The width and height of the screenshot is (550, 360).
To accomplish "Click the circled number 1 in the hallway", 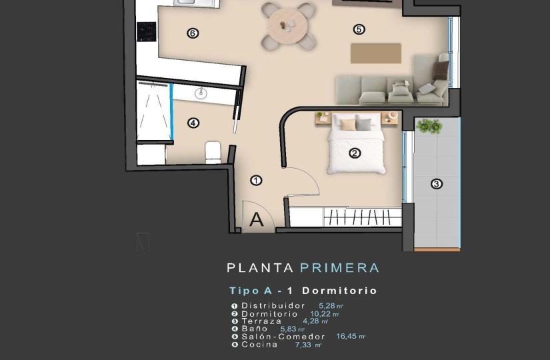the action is pos(256,181).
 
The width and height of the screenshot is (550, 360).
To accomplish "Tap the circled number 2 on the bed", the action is pos(355,153).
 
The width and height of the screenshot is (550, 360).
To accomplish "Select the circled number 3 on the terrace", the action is pos(437,184).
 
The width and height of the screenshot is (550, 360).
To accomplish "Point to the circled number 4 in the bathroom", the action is pos(193,123).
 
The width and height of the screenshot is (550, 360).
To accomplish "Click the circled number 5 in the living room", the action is pos(359,29).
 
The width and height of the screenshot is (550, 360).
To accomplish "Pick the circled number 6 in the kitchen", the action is pos(193,33).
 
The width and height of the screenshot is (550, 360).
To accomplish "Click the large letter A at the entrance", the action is pos(257,219).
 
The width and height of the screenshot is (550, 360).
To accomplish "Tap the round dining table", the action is pos(287,25).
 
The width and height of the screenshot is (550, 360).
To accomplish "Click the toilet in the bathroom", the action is pos(213,153).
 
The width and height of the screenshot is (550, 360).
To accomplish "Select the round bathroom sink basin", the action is pos(201,93).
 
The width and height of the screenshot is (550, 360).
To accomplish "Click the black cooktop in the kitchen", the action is pos(146,31).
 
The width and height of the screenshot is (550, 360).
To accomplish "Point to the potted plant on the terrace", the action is pos(429,126).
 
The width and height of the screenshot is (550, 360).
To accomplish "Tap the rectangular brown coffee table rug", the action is pos(376,53).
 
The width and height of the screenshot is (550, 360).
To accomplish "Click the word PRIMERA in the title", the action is pos(339,268).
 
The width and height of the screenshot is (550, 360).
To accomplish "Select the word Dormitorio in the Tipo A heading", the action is pos(339,291).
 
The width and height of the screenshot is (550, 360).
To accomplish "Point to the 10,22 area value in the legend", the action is pos(320,314).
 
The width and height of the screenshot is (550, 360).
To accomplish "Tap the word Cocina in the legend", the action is pos(259,345).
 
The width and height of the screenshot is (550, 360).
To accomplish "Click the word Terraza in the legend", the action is pos(262,321).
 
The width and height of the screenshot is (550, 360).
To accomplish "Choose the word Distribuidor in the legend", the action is pos(273,305).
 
